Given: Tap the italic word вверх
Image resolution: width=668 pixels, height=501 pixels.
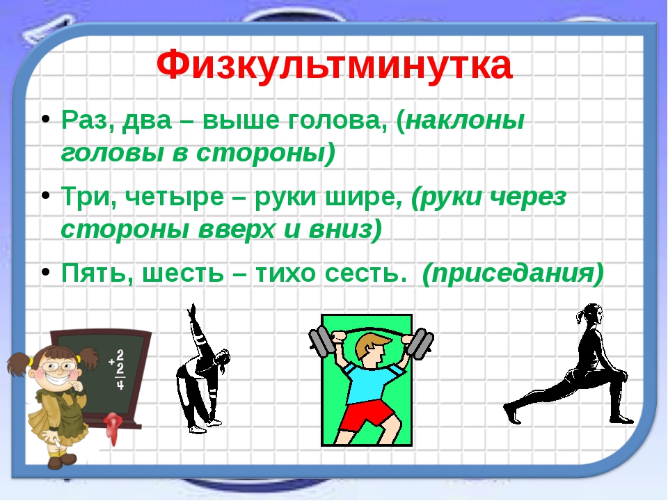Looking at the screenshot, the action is coord(237,230).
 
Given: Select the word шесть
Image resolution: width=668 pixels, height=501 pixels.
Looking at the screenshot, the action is coord(183,273).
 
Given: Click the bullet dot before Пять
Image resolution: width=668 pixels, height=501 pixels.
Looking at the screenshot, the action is coord(46,272).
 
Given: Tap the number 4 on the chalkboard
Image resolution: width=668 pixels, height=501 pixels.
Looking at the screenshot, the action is coord(120,384).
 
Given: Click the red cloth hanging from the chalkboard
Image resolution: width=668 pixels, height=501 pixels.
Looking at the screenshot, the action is coord(113,426).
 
